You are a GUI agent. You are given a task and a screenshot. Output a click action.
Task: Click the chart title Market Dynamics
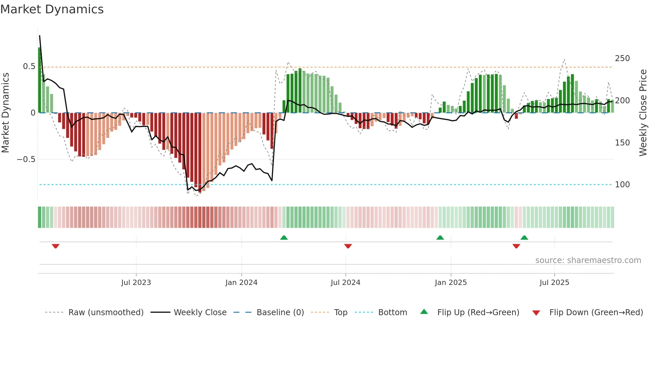52,9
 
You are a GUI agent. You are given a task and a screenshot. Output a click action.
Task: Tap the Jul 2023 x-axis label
136,283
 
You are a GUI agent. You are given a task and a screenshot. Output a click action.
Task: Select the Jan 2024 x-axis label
241,283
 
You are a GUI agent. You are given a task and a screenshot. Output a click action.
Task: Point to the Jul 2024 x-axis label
345,283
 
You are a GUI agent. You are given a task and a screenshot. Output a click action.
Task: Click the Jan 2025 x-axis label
451,283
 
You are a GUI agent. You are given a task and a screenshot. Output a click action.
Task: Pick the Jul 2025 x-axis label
554,283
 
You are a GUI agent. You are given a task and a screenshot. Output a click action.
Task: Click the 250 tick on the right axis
622,58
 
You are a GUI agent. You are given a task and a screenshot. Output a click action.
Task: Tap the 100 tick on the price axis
622,185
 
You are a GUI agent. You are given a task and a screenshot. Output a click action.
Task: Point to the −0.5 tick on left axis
26,159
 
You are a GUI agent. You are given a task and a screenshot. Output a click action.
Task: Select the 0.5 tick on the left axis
29,66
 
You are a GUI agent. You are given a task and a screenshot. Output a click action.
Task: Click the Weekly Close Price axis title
643,113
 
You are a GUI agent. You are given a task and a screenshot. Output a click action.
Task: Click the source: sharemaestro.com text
588,260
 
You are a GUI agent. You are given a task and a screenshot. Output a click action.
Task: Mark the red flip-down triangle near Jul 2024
348,246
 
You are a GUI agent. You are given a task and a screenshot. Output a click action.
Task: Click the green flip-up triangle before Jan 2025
440,237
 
